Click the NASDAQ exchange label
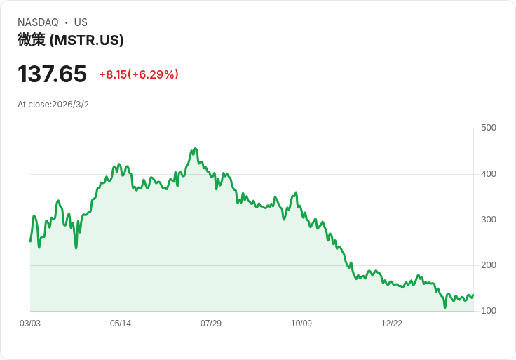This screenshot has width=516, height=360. (38, 22)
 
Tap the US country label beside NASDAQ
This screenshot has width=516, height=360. (81, 22)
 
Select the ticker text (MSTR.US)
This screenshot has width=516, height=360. (86, 40)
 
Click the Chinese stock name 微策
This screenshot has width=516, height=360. (32, 40)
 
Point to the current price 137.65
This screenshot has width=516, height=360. (52, 74)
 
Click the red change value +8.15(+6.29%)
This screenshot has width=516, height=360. (139, 74)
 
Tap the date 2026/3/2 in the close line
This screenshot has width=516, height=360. (70, 105)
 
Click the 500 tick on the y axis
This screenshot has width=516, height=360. (489, 128)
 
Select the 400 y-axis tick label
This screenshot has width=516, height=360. (489, 174)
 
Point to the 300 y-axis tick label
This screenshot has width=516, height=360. (489, 220)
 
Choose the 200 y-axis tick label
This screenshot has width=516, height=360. (489, 265)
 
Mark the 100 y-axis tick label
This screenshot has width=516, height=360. (489, 311)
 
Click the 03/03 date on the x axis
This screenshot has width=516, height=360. (30, 324)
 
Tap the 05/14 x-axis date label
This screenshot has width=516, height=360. (121, 324)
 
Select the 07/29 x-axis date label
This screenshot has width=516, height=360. (211, 324)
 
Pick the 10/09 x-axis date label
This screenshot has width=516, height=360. (301, 324)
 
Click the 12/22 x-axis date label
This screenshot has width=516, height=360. (392, 324)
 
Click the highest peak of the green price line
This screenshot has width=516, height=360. (196, 149)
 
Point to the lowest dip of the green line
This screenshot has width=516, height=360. (444, 307)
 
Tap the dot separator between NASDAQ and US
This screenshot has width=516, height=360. (67, 22)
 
